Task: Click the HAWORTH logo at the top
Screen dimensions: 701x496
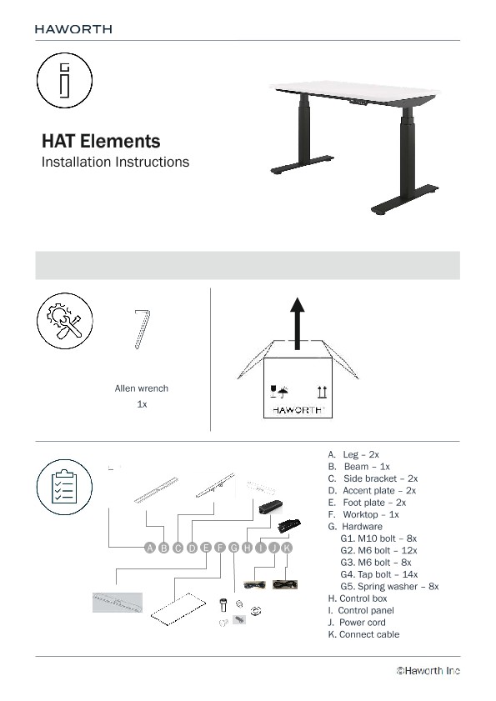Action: click(x=73, y=28)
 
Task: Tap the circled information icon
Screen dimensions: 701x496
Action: click(x=64, y=80)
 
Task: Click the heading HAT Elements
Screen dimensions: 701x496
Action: click(x=101, y=142)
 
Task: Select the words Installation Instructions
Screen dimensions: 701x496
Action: click(x=115, y=162)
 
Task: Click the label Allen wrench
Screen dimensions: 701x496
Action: click(x=142, y=388)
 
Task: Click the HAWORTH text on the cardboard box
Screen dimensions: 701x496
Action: click(x=298, y=410)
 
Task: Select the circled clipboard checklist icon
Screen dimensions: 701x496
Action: click(x=64, y=487)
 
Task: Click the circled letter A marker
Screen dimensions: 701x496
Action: click(x=150, y=548)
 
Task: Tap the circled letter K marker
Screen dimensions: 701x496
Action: click(x=287, y=548)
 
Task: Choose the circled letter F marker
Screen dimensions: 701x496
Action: click(x=219, y=548)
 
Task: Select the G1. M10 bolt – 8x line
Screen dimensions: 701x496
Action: click(x=378, y=539)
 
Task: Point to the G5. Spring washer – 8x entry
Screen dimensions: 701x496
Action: click(x=389, y=587)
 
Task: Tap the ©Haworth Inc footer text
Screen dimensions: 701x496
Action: click(x=428, y=670)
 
